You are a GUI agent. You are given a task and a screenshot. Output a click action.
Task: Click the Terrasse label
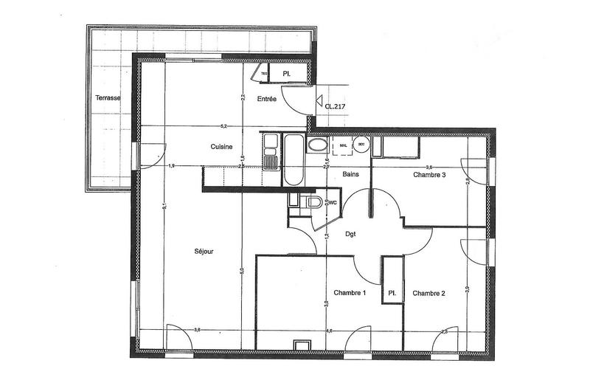pyautogui.click(x=108, y=98)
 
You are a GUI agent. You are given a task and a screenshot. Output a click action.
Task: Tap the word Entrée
pyautogui.click(x=266, y=99)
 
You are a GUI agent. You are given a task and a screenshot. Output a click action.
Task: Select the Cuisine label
pyautogui.click(x=222, y=147)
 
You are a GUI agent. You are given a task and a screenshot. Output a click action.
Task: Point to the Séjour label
pyautogui.click(x=204, y=252)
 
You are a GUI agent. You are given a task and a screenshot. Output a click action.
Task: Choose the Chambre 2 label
pyautogui.click(x=428, y=294)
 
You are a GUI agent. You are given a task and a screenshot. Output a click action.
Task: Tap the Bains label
pyautogui.click(x=351, y=174)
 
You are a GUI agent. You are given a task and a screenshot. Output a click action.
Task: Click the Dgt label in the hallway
pyautogui.click(x=351, y=234)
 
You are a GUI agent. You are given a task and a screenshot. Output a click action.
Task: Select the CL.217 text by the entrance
pyautogui.click(x=336, y=106)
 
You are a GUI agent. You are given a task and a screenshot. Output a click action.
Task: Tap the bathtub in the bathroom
pyautogui.click(x=294, y=161)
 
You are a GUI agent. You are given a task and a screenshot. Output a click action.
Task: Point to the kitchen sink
pyautogui.click(x=270, y=162)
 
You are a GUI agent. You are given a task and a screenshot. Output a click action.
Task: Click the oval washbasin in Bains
pyautogui.click(x=317, y=145)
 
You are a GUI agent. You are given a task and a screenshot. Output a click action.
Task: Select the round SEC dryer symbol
pyautogui.click(x=361, y=145)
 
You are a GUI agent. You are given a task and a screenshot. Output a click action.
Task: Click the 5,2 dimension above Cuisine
pyautogui.click(x=224, y=125)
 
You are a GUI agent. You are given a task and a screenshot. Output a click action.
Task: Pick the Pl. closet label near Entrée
pyautogui.click(x=286, y=74)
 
